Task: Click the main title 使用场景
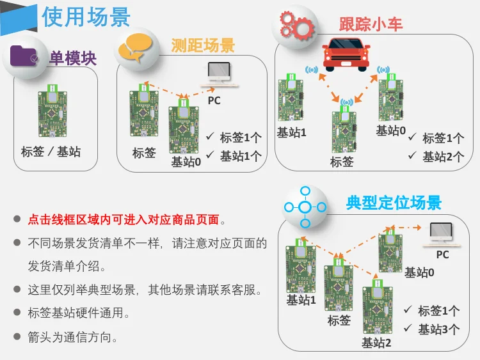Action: pos(86,17)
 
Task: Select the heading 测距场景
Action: pos(203,45)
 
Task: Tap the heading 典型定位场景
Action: pos(394,203)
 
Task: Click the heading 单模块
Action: pos(73,59)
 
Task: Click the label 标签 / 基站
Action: pos(51,152)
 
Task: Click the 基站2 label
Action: pos(376,343)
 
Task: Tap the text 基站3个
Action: pos(438,329)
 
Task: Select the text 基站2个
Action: pos(443,156)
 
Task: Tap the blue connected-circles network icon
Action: pos(305,207)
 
